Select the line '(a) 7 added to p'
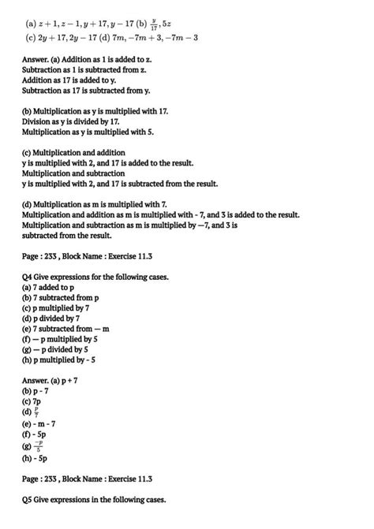coord(48,288)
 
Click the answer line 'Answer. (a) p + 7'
coord(54,380)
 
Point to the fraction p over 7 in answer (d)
coord(39,411)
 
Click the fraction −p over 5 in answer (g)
coord(39,445)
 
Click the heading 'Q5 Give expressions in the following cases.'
coord(95,499)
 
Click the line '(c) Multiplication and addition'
coord(73,152)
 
